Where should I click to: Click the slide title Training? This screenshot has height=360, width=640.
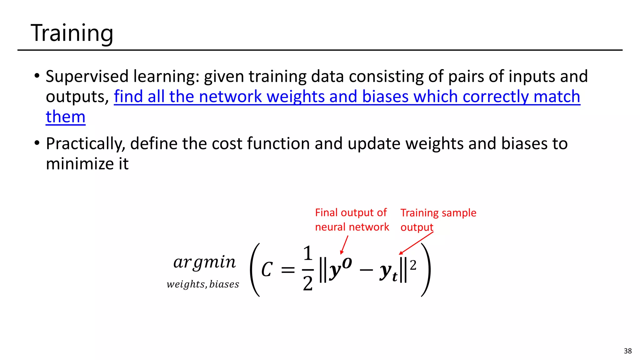[72, 33]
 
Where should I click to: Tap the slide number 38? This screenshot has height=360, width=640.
[627, 351]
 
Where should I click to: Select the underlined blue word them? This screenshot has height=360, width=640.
[65, 117]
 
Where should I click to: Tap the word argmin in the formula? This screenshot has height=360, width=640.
[204, 262]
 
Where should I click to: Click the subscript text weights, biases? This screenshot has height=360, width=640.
[203, 284]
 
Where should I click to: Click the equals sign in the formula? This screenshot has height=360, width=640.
[288, 270]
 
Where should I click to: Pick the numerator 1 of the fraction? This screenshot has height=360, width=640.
[308, 253]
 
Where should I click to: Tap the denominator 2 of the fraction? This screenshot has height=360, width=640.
[308, 283]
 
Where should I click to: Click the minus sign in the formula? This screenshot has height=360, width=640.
[366, 269]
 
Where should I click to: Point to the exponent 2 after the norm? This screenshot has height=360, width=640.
[413, 265]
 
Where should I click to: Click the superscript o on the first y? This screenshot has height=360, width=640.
[347, 263]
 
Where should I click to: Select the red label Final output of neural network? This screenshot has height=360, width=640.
[352, 220]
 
